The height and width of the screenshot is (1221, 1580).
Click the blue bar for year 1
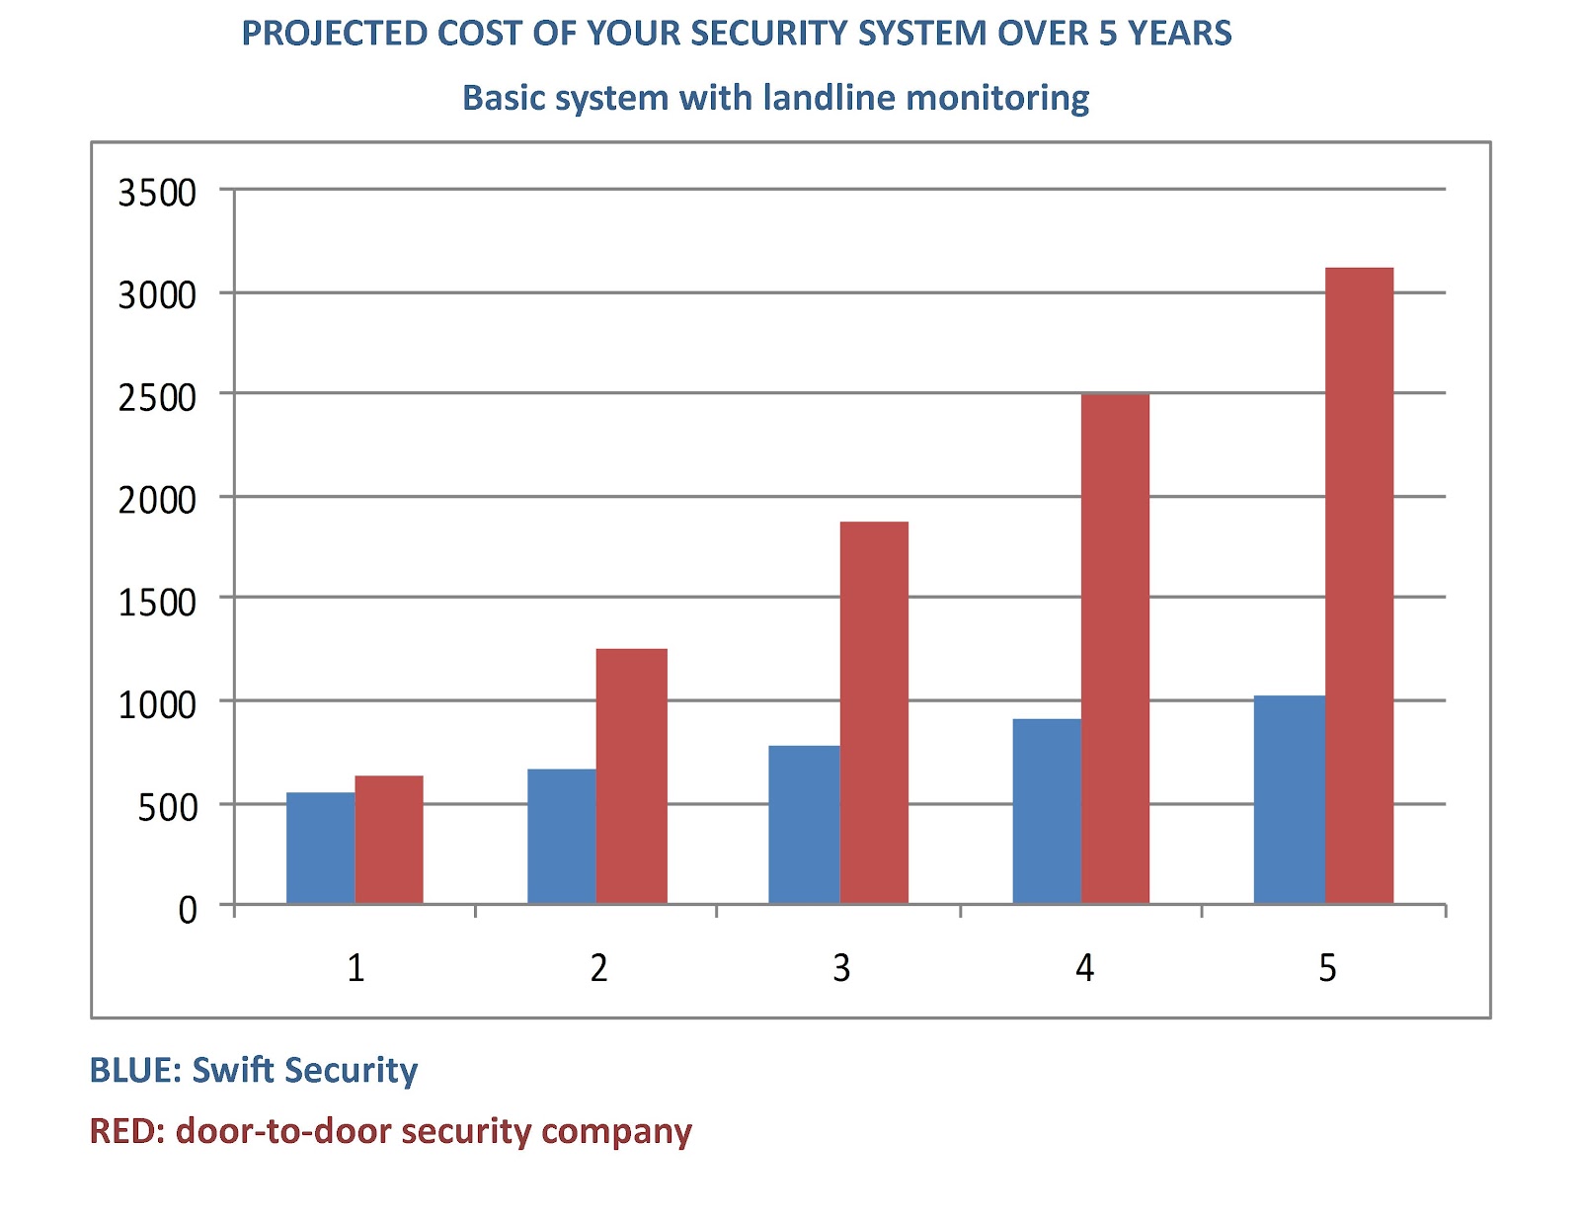(320, 848)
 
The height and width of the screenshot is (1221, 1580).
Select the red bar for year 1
(389, 840)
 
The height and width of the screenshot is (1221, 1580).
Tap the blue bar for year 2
(561, 836)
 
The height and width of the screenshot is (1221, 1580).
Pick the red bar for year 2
(632, 775)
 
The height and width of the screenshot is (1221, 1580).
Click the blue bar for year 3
(803, 824)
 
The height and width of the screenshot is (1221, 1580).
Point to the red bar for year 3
(874, 711)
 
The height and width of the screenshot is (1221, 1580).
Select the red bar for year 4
(1115, 648)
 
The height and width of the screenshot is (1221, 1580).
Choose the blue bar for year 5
(1289, 799)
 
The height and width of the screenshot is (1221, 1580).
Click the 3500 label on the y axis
(157, 193)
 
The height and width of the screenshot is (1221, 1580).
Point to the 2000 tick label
(157, 500)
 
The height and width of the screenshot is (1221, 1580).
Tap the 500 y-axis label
(167, 807)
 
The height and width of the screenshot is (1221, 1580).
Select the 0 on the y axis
(188, 910)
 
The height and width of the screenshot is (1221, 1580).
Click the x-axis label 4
(1084, 968)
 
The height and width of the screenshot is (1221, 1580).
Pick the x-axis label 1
(355, 968)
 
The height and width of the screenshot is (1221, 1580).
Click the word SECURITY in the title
(769, 34)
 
